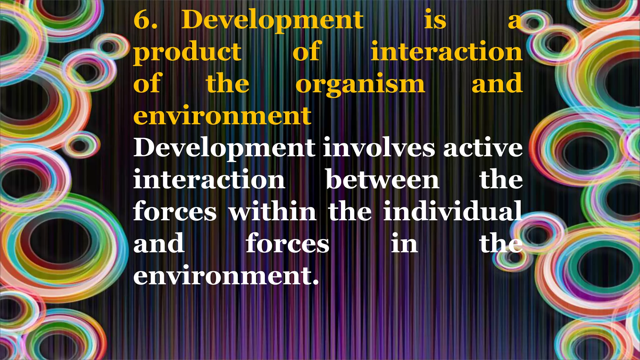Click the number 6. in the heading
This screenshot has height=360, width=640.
click(146, 20)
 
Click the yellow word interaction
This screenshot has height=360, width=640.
click(447, 52)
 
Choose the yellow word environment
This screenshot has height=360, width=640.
click(222, 116)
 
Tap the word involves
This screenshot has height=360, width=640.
click(379, 148)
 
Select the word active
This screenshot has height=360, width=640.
click(483, 148)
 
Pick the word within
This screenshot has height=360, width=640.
click(272, 212)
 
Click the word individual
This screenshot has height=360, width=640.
click(453, 212)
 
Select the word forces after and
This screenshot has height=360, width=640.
click(287, 244)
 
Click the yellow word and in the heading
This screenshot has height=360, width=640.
click(497, 84)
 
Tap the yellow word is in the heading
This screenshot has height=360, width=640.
click(435, 20)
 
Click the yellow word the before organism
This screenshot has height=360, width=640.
click(228, 84)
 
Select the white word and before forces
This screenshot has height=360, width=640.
click(159, 244)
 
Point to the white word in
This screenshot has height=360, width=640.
click(404, 244)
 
